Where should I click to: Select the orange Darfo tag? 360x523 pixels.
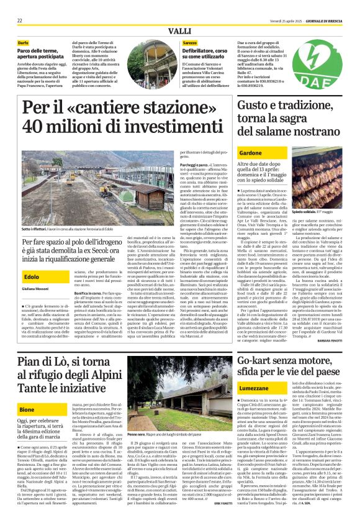pos(23,43)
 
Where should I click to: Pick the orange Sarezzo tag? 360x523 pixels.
pos(190,43)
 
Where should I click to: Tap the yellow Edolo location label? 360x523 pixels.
pos(32,276)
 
